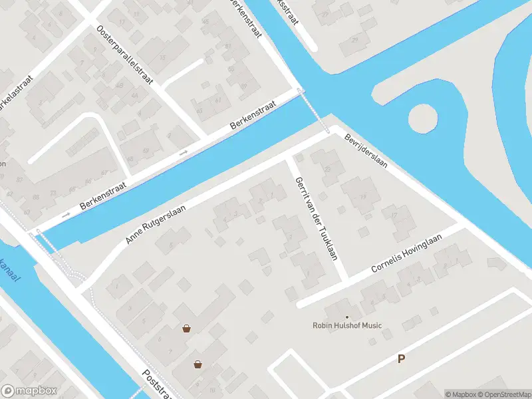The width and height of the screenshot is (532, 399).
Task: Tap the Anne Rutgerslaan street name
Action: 154,223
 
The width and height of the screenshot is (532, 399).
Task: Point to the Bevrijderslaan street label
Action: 366,151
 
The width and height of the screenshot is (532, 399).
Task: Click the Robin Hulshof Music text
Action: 347,325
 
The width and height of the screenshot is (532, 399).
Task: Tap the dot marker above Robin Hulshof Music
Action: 346,317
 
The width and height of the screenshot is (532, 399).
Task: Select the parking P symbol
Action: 401,359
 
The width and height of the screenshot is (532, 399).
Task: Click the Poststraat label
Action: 158,385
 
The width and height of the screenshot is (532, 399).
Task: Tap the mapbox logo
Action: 29,391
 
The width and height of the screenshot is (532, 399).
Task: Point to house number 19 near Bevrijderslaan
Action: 363,197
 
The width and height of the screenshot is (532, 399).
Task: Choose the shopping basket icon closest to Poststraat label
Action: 198,364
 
